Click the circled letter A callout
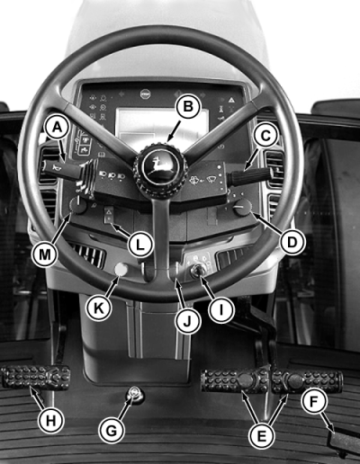click(57, 129)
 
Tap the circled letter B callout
click(188, 106)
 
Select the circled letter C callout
click(265, 137)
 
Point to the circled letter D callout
click(292, 242)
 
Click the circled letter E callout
click(262, 436)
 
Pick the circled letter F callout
click(313, 402)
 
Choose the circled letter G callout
click(112, 431)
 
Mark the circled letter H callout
click(50, 421)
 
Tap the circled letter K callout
click(98, 308)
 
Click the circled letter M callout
click(45, 254)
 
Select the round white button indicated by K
click(121, 269)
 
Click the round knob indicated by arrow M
click(77, 205)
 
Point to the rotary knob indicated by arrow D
click(242, 208)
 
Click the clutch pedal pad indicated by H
click(36, 377)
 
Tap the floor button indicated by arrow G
click(134, 394)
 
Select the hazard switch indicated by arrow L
click(108, 215)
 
